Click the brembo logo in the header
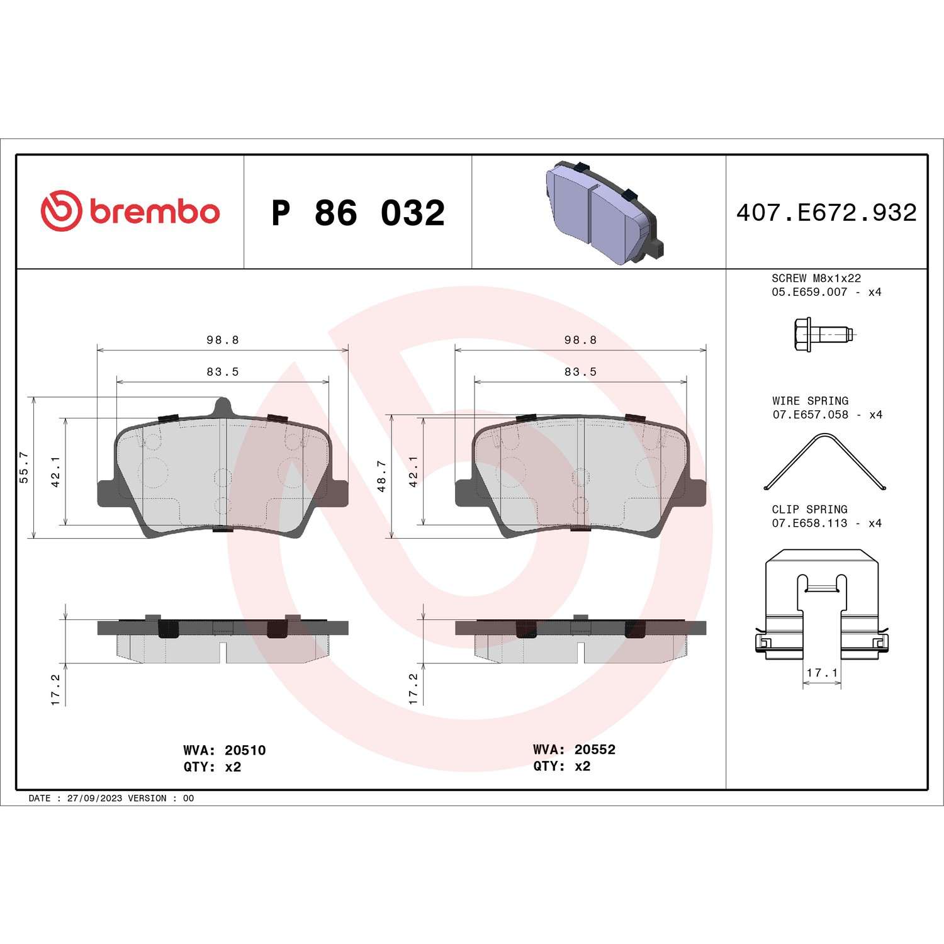(130, 211)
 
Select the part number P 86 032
(357, 213)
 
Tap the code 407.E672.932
(826, 213)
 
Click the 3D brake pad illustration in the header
(602, 213)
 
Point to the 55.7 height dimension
(24, 467)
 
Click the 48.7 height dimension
(381, 476)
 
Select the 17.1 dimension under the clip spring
(822, 673)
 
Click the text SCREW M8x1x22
(816, 278)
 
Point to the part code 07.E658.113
(809, 523)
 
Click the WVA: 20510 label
(224, 750)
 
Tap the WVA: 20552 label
(574, 750)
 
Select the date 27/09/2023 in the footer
(94, 798)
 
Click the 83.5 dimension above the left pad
(223, 372)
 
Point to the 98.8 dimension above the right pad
(580, 340)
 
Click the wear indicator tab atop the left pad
(222, 406)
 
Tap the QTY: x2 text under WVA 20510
(212, 767)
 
